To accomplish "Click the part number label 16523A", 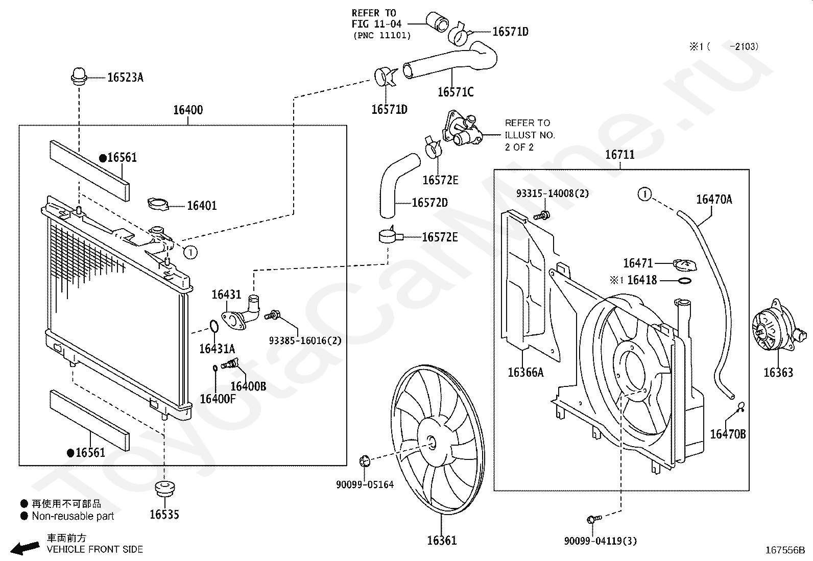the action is click(x=125, y=77).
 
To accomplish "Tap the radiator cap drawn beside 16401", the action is click(x=158, y=204).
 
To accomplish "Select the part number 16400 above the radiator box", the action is click(x=188, y=110).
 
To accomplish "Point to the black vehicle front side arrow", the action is click(x=25, y=548).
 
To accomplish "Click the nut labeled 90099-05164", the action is click(x=365, y=461).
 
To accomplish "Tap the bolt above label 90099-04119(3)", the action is click(x=594, y=519).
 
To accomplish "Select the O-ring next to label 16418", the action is click(x=684, y=281).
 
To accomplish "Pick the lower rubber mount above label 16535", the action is click(x=165, y=488).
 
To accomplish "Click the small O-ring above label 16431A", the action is click(x=214, y=326).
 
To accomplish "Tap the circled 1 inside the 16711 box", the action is click(x=644, y=194).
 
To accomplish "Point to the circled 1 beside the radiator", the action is click(x=190, y=252).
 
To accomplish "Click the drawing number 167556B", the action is click(x=785, y=550).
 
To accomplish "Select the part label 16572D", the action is click(x=429, y=203).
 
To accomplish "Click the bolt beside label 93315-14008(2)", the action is click(x=542, y=215).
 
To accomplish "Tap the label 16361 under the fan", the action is click(x=442, y=540).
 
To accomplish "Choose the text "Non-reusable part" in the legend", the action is click(x=73, y=516).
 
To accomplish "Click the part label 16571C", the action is click(x=456, y=92).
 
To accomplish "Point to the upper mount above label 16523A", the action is click(x=79, y=76).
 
